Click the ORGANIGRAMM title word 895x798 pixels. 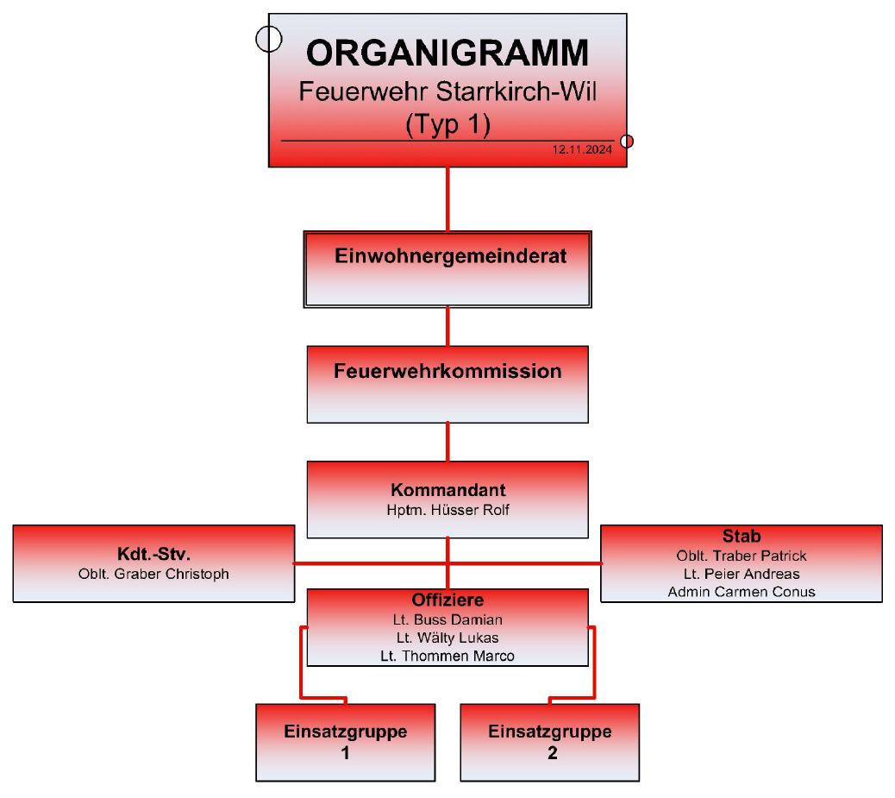click(x=447, y=53)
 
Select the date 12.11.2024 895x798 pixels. click(x=582, y=149)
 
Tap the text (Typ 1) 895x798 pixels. click(x=447, y=124)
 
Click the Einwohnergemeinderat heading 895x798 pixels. click(x=450, y=256)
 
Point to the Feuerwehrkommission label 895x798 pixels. click(x=447, y=371)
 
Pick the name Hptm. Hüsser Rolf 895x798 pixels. click(x=447, y=510)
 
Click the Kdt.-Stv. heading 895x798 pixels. click(x=153, y=554)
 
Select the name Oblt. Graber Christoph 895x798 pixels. click(x=153, y=574)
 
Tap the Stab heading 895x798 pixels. click(x=742, y=536)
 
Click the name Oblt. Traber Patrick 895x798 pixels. click(x=742, y=556)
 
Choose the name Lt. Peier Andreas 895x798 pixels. click(x=742, y=574)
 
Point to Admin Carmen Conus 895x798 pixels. click(x=742, y=592)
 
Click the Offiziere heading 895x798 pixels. click(x=447, y=600)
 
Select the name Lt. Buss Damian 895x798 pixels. click(x=447, y=619)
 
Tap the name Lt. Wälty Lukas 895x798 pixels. click(x=447, y=638)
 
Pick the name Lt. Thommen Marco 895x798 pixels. click(x=447, y=656)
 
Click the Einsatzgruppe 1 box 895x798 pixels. click(x=346, y=743)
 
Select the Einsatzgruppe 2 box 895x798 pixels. click(x=549, y=743)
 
